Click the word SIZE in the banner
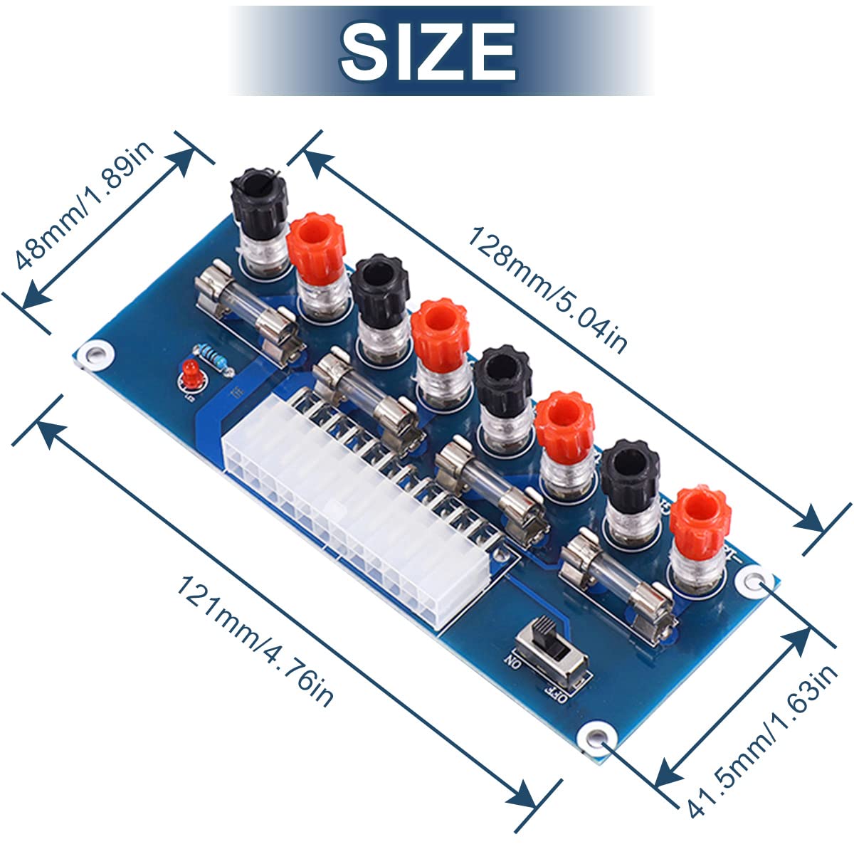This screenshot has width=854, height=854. pyautogui.click(x=428, y=51)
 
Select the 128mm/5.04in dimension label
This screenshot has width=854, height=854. pyautogui.click(x=548, y=290)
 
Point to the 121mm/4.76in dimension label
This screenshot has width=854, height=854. pyautogui.click(x=255, y=640)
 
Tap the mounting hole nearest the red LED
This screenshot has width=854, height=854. pyautogui.click(x=95, y=354)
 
